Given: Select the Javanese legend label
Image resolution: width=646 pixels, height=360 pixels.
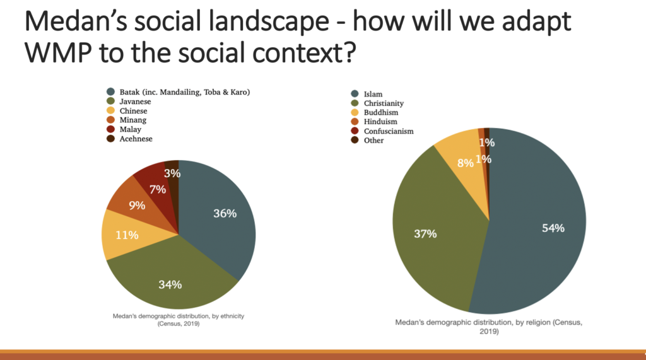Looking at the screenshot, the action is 135,102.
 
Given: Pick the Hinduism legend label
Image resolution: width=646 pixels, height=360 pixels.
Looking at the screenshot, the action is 380,122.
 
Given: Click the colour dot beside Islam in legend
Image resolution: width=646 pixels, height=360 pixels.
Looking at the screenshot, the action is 355,93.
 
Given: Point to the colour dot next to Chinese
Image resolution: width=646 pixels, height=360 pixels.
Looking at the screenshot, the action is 110,110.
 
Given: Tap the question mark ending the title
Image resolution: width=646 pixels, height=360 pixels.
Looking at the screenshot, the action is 349,52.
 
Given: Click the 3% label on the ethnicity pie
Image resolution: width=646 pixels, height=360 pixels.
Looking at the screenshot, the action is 172,173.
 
